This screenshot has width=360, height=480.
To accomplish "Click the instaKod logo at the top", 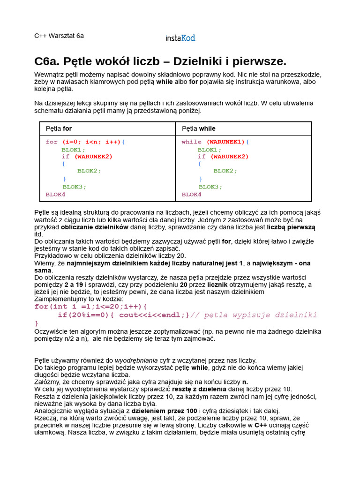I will pyautogui.click(x=180, y=38).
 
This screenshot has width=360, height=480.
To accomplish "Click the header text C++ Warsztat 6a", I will pyautogui.click(x=59, y=36).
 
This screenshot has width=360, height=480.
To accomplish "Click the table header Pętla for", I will pyautogui.click(x=59, y=128).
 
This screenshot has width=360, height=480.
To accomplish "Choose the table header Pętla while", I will pyautogui.click(x=199, y=128).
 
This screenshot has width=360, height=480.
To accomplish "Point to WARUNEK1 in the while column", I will pyautogui.click(x=225, y=142).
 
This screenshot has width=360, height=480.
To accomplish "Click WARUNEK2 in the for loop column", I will pyautogui.click(x=93, y=157).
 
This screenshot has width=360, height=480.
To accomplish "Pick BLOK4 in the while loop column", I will pyautogui.click(x=191, y=194).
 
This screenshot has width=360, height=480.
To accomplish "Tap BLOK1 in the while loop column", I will pyautogui.click(x=209, y=150).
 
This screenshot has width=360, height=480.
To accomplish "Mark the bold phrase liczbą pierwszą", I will pyautogui.click(x=291, y=227).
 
